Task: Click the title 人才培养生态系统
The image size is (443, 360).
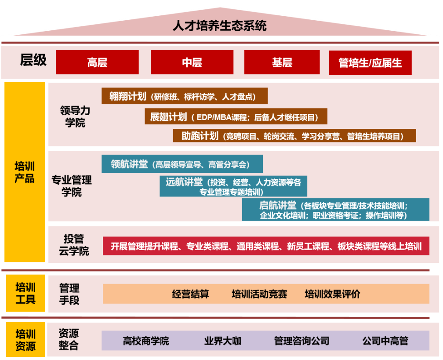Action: click(220, 25)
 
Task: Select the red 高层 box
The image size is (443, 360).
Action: click(97, 62)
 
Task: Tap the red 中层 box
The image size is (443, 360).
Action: click(192, 62)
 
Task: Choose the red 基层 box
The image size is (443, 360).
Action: click(282, 62)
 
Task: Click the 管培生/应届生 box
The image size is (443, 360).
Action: click(370, 62)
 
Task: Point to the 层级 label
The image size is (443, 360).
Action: click(33, 60)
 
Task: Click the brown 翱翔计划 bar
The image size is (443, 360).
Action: click(185, 96)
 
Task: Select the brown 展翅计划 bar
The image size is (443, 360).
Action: click(236, 116)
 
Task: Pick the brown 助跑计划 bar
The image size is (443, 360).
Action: click(294, 136)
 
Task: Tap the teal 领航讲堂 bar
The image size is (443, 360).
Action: click(182, 164)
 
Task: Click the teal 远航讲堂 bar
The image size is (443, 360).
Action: click(233, 186)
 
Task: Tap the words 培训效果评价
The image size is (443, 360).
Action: click(332, 294)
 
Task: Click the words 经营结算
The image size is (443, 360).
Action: click(190, 294)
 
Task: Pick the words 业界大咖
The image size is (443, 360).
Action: click(223, 341)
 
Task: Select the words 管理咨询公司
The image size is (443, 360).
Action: click(301, 341)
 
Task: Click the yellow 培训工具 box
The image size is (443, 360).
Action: click(25, 294)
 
